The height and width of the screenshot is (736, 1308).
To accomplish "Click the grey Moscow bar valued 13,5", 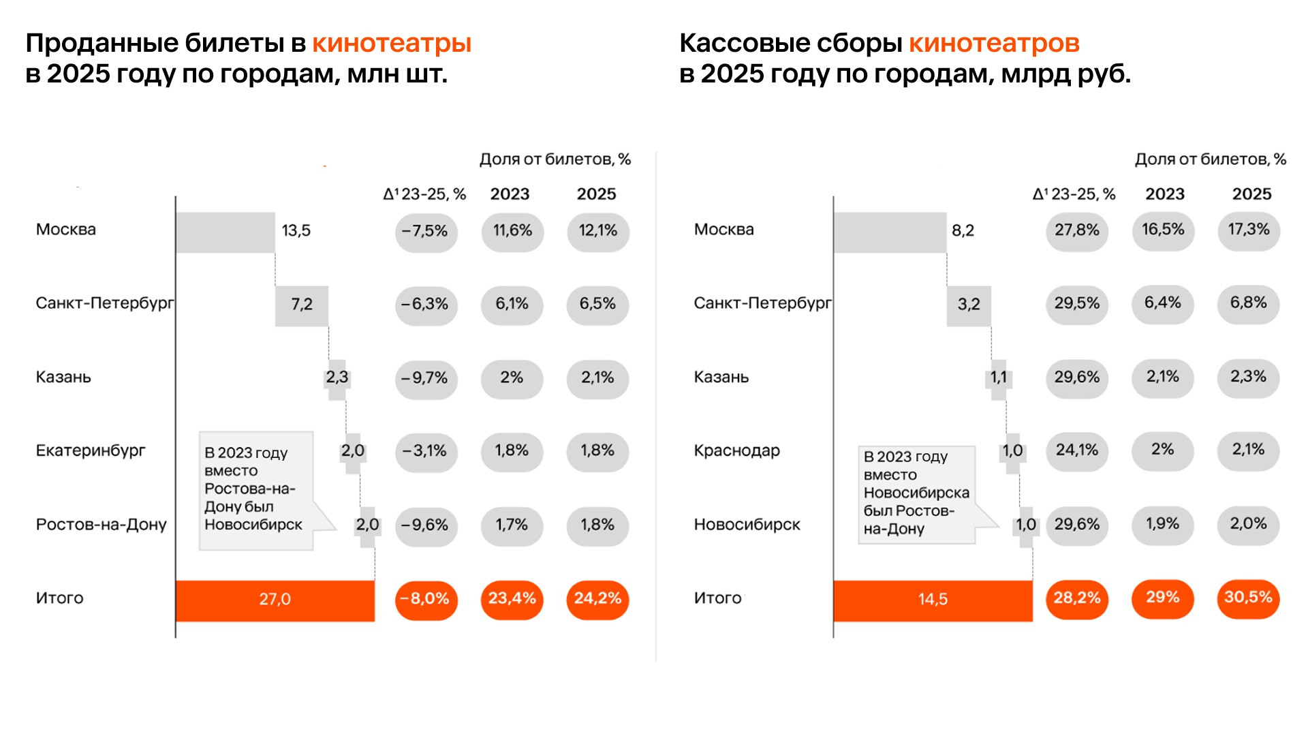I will (x=225, y=232).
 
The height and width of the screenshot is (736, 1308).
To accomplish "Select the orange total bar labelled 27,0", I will (x=275, y=600).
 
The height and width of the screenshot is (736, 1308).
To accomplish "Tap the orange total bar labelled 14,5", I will (x=933, y=600).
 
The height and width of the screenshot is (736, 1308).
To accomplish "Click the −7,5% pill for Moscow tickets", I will (x=426, y=232).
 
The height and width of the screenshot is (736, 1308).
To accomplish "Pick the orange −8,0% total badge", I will (x=426, y=600).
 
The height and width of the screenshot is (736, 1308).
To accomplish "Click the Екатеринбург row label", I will (x=91, y=451).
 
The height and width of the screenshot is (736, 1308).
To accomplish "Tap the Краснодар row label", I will (x=736, y=451).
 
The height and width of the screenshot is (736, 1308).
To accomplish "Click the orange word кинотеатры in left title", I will (x=392, y=44).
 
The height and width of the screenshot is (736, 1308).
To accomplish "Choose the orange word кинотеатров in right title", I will (x=994, y=44).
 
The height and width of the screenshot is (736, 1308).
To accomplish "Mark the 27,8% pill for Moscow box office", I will (x=1076, y=231).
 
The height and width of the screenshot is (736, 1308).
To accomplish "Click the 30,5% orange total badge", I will (x=1248, y=598).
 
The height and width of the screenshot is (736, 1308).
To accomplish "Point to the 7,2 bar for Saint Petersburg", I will (x=302, y=305).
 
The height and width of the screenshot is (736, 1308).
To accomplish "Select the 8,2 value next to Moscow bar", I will (x=963, y=231).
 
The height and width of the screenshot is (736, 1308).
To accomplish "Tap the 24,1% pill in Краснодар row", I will (x=1076, y=451).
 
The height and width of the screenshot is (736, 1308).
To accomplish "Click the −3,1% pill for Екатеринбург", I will (x=426, y=452).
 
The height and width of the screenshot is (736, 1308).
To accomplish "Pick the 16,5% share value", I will (x=1163, y=230).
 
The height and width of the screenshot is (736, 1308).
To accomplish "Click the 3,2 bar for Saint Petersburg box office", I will (x=969, y=305).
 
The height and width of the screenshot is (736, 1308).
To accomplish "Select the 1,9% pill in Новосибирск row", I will (x=1162, y=525).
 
